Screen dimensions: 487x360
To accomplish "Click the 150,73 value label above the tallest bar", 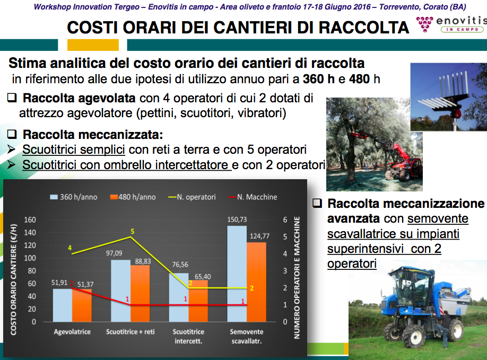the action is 237,219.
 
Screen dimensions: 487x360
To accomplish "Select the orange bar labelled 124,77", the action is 257,282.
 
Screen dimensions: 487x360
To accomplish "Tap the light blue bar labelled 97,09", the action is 120,291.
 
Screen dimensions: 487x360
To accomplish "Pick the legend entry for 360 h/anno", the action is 74,197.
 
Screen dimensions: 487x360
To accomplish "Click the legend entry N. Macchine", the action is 253,197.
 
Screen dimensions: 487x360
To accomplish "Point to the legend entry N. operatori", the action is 192,197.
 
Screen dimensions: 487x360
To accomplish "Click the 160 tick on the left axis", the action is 30,219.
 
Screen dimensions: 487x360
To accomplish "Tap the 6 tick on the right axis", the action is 285,219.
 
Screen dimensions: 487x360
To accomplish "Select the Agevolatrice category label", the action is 72,332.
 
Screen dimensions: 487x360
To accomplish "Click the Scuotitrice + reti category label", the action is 130,332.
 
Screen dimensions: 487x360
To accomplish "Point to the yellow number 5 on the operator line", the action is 132,232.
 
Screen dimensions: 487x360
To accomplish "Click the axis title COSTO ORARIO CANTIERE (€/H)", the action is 13,279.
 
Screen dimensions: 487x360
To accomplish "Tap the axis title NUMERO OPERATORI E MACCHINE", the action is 297,277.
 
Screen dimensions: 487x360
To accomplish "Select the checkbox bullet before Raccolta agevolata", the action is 12,98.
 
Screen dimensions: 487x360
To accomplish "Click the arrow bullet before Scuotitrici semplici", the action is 12,150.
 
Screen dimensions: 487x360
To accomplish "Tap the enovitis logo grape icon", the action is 424,24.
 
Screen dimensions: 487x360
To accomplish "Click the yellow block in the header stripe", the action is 93,45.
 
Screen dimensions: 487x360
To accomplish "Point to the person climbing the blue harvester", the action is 443,328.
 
